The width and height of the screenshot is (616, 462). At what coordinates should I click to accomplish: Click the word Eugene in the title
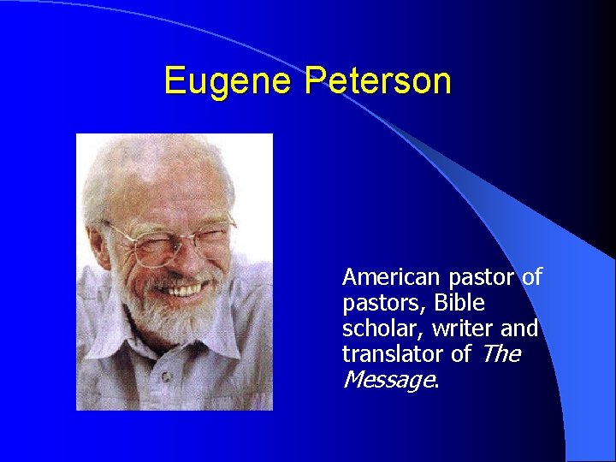click(x=228, y=80)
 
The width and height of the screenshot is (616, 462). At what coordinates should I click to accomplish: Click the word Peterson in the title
click(x=377, y=80)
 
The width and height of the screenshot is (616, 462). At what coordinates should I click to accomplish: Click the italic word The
click(x=500, y=354)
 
